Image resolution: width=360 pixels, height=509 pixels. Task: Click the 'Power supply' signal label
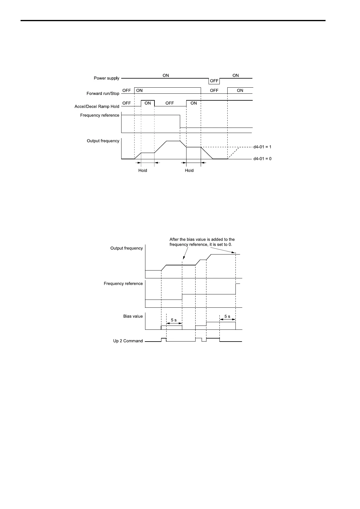(106, 78)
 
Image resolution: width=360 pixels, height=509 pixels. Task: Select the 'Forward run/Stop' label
(103, 94)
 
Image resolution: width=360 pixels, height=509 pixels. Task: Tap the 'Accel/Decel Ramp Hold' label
(97, 107)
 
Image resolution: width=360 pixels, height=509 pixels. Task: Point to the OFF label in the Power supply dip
(214, 81)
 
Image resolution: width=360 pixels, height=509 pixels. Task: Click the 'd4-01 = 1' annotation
(262, 147)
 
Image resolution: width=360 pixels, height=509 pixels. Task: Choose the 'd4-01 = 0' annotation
(262, 159)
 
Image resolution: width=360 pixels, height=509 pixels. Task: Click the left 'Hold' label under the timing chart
(143, 170)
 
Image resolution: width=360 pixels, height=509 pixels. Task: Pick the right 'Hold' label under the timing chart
(189, 170)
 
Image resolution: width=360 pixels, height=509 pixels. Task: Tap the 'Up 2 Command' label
(128, 341)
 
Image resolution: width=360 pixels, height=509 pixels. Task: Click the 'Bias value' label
(133, 316)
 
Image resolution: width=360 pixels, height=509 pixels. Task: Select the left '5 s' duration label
(174, 320)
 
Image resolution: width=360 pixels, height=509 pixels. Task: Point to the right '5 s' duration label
(227, 317)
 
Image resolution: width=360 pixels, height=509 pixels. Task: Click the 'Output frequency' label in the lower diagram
(126, 248)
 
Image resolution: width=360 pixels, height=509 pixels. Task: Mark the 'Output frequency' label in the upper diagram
(103, 141)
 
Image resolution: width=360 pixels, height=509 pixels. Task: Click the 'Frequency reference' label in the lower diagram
(123, 284)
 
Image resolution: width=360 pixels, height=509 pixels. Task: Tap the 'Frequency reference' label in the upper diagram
(99, 115)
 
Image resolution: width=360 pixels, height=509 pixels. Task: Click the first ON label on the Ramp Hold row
(148, 103)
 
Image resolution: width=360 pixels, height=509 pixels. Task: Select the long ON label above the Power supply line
(166, 76)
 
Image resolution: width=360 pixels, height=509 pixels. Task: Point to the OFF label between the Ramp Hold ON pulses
(170, 103)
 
